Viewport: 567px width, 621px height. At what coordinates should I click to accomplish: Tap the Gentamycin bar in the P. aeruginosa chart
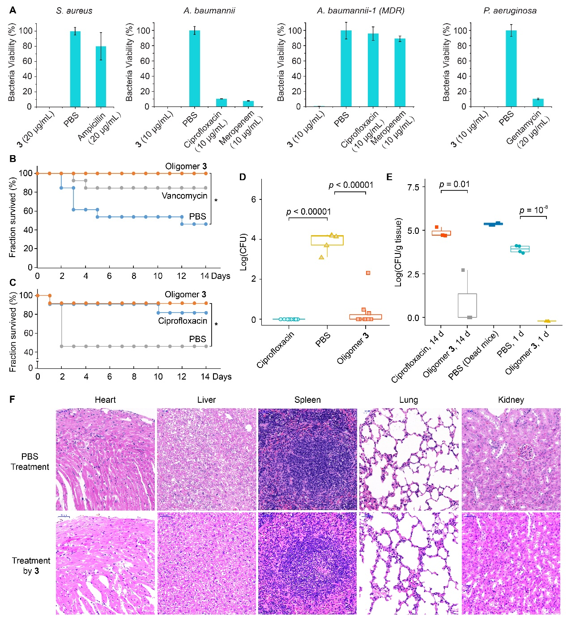[x=538, y=102]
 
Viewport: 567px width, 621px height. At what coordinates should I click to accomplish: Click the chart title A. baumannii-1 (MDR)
[x=360, y=11]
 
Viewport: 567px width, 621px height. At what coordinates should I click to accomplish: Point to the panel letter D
[x=242, y=177]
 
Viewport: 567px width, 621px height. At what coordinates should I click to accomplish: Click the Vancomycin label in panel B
[x=184, y=196]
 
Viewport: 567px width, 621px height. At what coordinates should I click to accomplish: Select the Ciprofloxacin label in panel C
[x=183, y=321]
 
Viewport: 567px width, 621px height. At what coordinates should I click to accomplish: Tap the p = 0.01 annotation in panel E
[x=454, y=184]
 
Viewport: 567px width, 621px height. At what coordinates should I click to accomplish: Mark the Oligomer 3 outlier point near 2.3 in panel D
[x=368, y=273]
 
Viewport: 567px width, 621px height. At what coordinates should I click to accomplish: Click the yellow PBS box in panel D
[x=327, y=240]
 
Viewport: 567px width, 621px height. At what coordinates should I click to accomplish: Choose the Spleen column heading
[x=307, y=400]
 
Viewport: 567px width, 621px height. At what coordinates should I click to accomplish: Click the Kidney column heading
[x=511, y=400]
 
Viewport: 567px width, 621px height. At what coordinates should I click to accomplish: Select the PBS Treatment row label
[x=30, y=461]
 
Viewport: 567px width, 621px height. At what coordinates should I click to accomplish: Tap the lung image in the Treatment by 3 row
[x=409, y=563]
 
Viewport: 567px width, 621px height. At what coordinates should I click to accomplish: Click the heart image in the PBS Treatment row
[x=105, y=459]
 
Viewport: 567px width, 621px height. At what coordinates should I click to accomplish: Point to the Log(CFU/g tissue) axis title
[x=398, y=252]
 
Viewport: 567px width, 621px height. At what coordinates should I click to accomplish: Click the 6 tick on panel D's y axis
[x=254, y=199]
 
